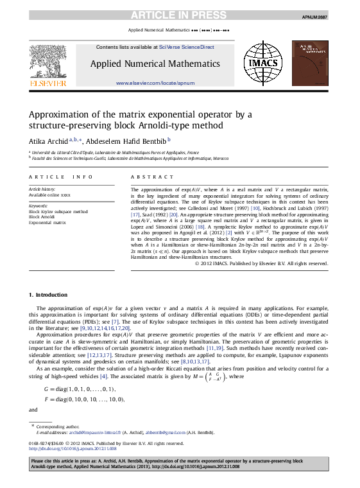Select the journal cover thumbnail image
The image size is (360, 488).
point(310,63)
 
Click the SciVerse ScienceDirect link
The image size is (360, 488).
point(187,47)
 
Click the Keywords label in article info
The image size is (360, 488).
point(39,205)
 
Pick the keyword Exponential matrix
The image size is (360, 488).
point(47,222)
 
